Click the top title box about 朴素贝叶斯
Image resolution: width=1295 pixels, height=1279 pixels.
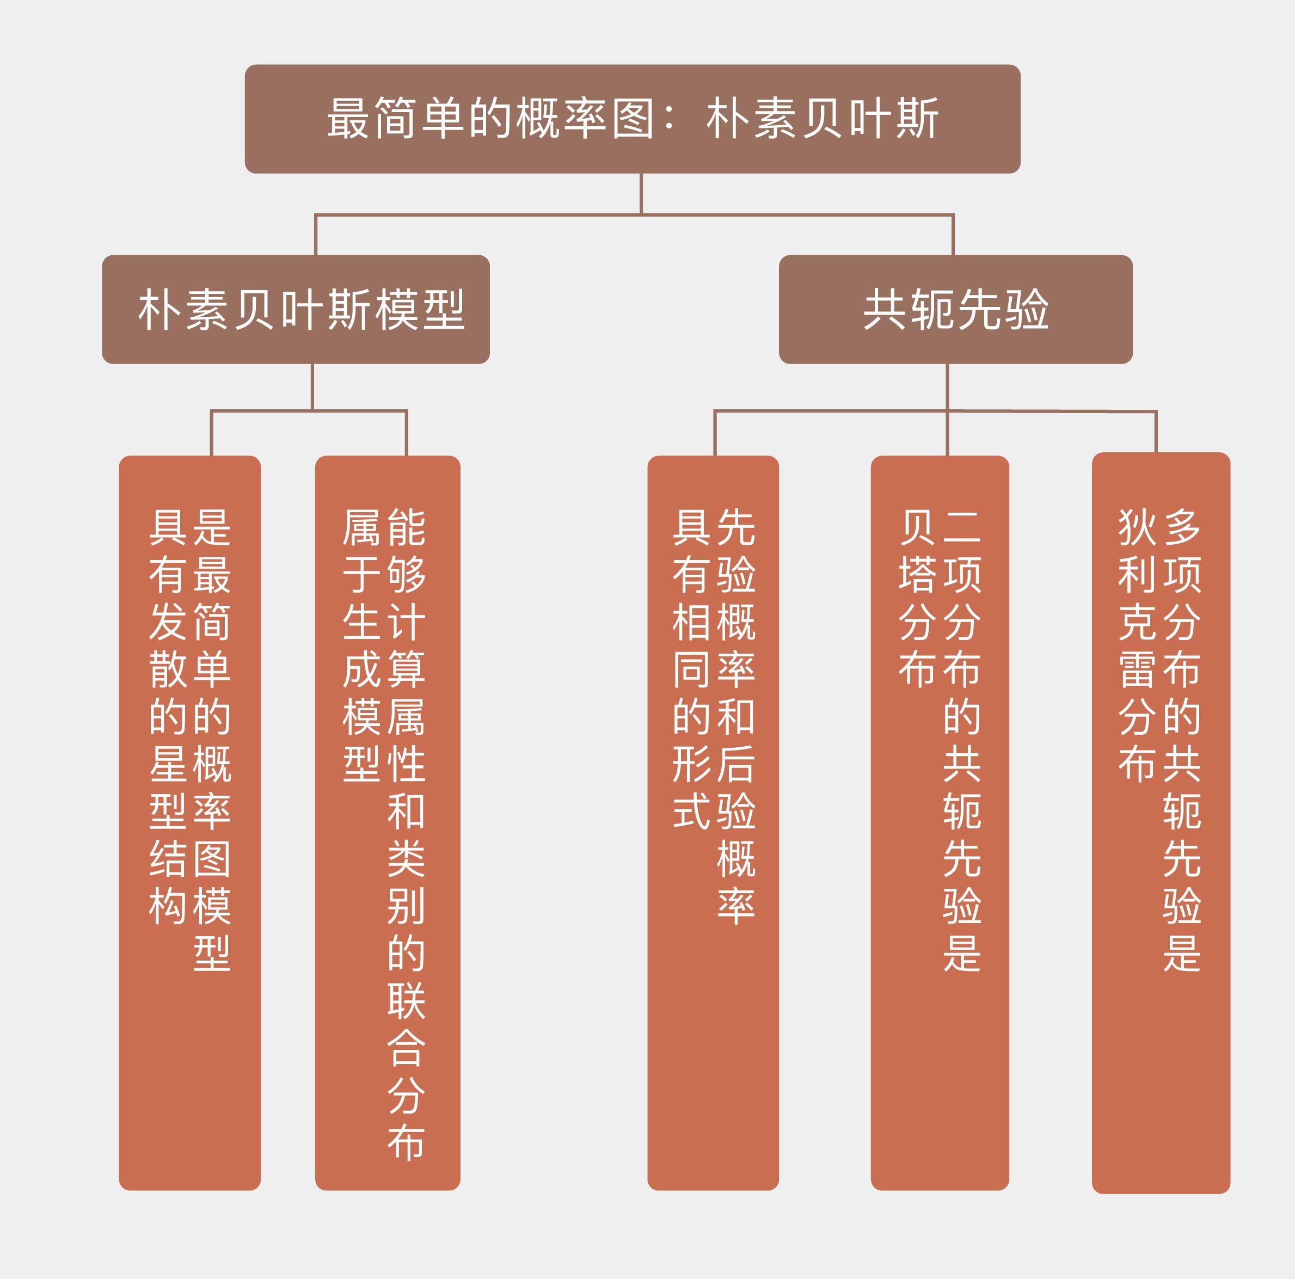click(632, 119)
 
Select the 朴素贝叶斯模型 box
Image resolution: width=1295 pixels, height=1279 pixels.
click(296, 309)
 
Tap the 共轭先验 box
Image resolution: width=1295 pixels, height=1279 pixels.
click(955, 309)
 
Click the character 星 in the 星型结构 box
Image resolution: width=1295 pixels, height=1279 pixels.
click(168, 764)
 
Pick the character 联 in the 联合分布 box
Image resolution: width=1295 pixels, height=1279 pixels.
click(406, 1001)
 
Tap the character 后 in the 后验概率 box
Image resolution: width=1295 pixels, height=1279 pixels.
click(736, 764)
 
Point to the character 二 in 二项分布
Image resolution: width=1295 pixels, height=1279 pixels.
click(962, 527)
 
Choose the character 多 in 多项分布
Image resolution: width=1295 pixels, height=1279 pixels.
click(1182, 527)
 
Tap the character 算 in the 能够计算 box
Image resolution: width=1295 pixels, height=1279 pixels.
click(406, 669)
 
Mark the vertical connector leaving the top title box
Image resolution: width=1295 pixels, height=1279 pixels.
click(641, 194)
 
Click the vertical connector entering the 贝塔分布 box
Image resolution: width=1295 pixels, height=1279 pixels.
click(947, 433)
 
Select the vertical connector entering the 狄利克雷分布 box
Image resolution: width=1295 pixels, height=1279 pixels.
click(1156, 432)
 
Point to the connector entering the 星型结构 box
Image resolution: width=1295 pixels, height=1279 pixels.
click(211, 433)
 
